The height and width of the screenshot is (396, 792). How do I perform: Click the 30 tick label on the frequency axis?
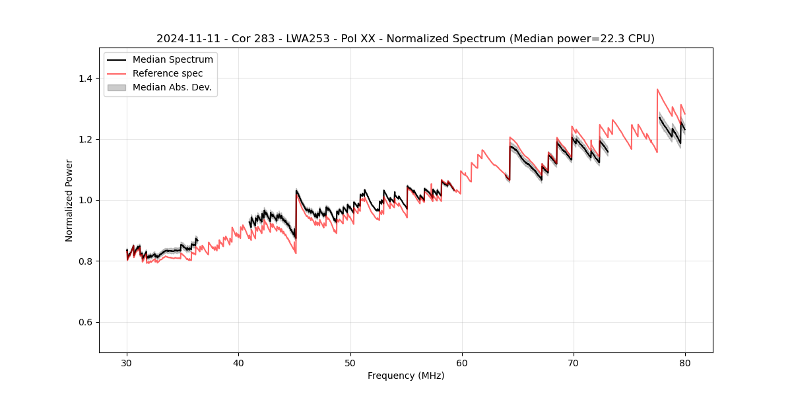click(127, 362)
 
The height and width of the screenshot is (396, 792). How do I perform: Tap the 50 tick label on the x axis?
click(350, 362)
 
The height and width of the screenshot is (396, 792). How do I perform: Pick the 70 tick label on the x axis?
click(574, 362)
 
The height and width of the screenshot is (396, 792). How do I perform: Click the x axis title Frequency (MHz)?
click(406, 376)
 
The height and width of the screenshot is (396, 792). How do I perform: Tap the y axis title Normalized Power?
click(69, 200)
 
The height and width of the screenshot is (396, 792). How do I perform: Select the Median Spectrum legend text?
click(172, 60)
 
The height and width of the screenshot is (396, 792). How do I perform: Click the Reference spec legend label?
click(168, 73)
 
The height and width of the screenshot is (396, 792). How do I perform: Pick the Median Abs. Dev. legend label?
click(172, 87)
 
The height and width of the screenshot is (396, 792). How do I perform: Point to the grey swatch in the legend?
click(116, 87)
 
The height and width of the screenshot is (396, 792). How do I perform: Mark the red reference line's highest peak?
click(657, 89)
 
